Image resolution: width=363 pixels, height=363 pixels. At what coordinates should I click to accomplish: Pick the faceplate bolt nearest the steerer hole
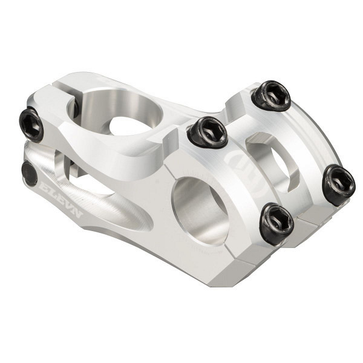207,131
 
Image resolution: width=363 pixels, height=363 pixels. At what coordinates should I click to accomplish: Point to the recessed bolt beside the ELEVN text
30,173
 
